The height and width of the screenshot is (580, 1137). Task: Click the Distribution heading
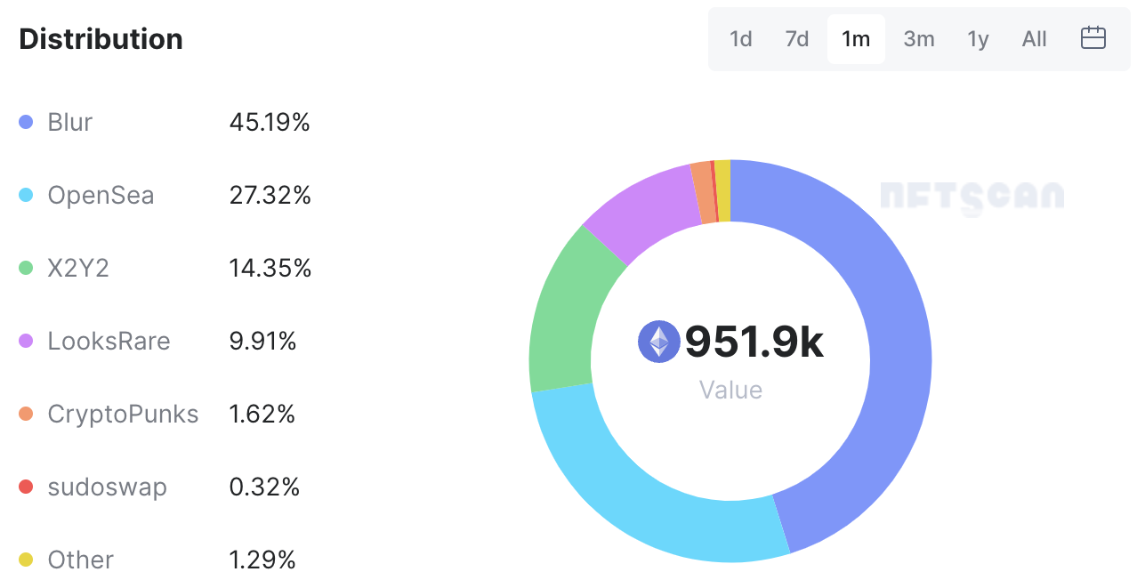[101, 39]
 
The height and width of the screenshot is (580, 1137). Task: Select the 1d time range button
[740, 39]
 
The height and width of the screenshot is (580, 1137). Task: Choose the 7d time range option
[797, 39]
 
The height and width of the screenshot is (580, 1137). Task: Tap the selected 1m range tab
[856, 39]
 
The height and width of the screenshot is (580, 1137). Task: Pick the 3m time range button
[919, 39]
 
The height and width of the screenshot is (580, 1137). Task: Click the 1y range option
[978, 39]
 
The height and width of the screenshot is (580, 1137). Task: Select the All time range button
[1035, 39]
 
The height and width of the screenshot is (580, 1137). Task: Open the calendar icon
[1093, 38]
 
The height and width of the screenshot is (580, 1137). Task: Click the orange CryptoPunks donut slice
[702, 192]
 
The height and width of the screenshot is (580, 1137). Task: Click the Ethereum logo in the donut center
[659, 342]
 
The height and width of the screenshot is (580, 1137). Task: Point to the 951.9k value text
[754, 342]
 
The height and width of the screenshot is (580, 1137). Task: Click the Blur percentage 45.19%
[270, 122]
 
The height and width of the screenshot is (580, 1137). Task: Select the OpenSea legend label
[101, 195]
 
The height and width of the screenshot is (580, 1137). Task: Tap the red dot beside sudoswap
[26, 487]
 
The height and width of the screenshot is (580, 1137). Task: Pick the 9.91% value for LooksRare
[262, 341]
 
